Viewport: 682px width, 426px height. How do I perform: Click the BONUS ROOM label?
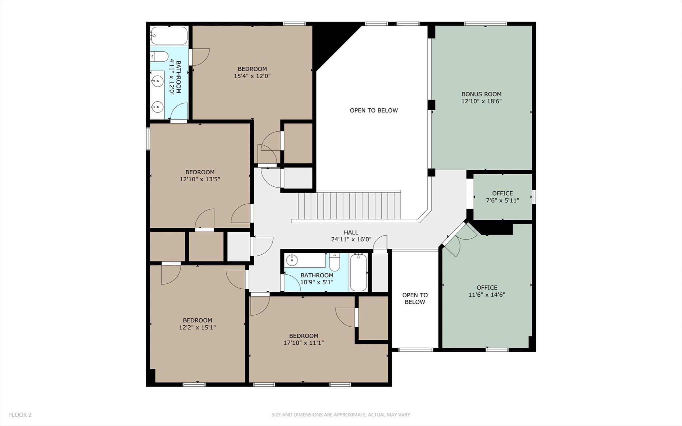click(481, 94)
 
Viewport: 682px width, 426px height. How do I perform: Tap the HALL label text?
click(351, 233)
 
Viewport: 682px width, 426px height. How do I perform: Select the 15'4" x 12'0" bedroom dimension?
click(252, 76)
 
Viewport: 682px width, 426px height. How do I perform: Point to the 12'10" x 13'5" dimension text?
click(200, 179)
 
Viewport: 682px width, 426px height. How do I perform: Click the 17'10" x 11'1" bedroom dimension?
click(304, 343)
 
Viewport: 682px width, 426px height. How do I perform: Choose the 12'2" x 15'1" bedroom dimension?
click(197, 327)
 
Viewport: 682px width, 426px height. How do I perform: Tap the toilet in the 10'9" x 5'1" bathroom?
click(334, 262)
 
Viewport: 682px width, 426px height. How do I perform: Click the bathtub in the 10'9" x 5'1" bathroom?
click(358, 272)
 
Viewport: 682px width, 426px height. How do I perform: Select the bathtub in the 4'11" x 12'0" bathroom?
click(169, 35)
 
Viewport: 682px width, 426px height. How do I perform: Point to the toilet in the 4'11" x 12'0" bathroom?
click(159, 57)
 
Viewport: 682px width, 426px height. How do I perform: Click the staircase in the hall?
click(349, 205)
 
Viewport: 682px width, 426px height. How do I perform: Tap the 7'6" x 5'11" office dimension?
click(502, 201)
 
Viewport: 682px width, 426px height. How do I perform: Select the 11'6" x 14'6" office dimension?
click(487, 295)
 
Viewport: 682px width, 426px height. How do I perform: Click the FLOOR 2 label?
click(20, 415)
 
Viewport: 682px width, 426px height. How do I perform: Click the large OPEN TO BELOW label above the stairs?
click(374, 111)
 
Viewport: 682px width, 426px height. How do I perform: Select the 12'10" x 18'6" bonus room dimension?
click(481, 101)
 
